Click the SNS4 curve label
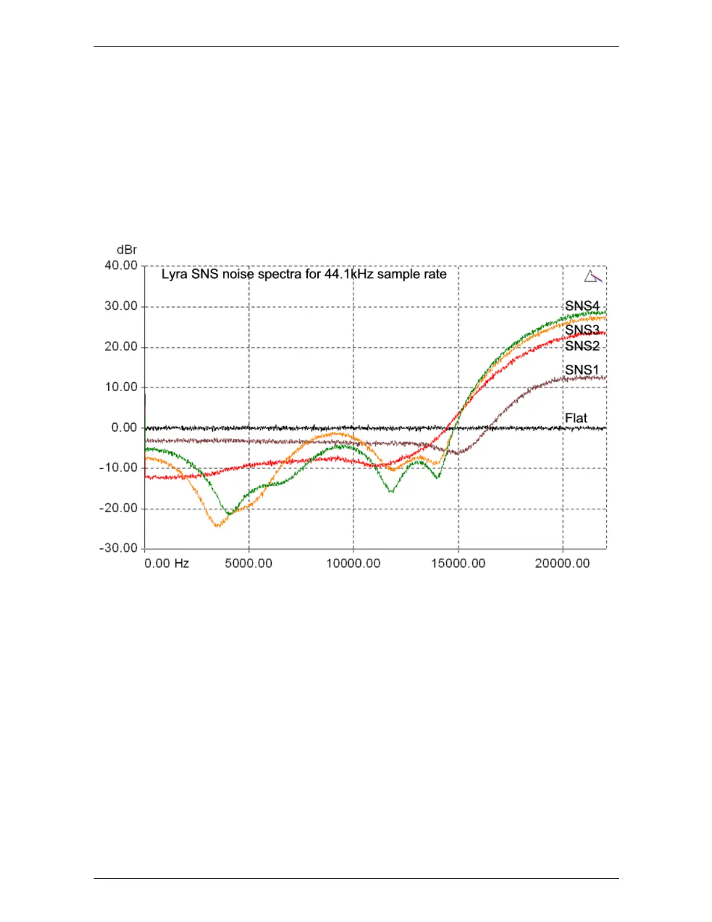[x=582, y=306]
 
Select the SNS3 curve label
[x=582, y=330]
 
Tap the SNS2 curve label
[x=582, y=346]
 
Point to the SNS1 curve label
[x=582, y=370]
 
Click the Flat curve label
[x=576, y=418]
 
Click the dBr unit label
[x=127, y=250]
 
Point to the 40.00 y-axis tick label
[x=121, y=265]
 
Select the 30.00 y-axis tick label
[x=121, y=306]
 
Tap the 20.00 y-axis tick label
[x=121, y=347]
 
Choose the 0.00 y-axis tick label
[x=124, y=428]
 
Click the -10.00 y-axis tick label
[x=119, y=468]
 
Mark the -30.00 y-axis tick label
[x=119, y=548]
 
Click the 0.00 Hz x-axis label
[x=166, y=563]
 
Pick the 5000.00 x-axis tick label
[x=248, y=563]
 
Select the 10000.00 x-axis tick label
[x=353, y=563]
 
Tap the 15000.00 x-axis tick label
[x=458, y=563]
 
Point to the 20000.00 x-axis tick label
[x=562, y=563]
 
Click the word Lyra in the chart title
[x=174, y=275]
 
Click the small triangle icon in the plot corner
[x=592, y=276]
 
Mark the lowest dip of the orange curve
[x=218, y=526]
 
